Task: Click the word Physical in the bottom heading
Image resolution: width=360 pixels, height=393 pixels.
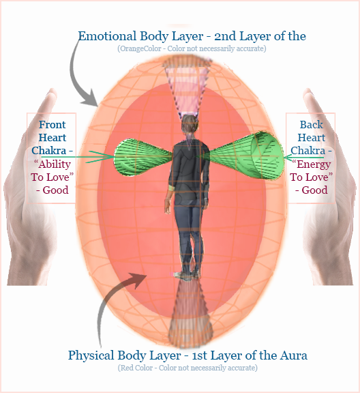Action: pyautogui.click(x=91, y=355)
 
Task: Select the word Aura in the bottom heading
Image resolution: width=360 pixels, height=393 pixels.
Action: pyautogui.click(x=294, y=355)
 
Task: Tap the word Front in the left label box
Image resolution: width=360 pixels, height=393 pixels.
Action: pyautogui.click(x=52, y=125)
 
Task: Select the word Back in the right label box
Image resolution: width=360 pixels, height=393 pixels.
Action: pyautogui.click(x=312, y=125)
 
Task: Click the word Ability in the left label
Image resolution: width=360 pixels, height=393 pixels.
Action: pyautogui.click(x=54, y=164)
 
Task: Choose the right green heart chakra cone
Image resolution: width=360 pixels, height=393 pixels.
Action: pyautogui.click(x=244, y=156)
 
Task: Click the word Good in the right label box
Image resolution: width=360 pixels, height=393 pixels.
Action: pyautogui.click(x=314, y=190)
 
